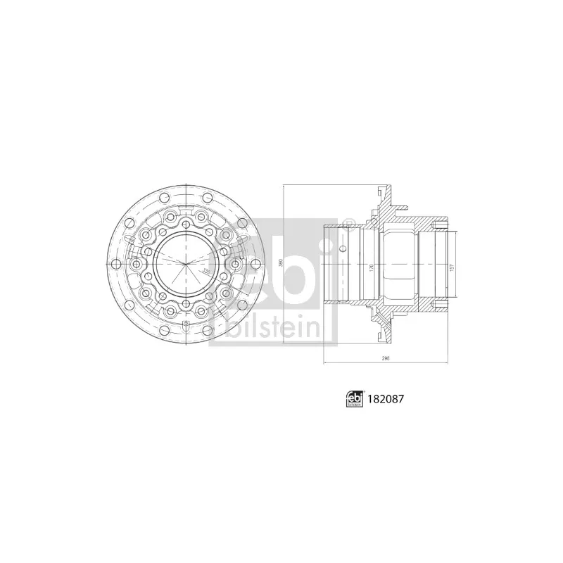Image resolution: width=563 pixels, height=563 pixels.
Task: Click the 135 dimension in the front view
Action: pos(205,270)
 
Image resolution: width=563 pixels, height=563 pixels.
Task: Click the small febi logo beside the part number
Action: pos(354,398)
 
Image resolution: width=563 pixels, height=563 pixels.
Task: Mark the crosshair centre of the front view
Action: pos(186,263)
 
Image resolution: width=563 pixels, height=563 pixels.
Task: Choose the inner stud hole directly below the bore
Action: pos(186,305)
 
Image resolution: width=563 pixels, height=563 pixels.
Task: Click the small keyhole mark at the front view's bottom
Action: pos(186,325)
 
